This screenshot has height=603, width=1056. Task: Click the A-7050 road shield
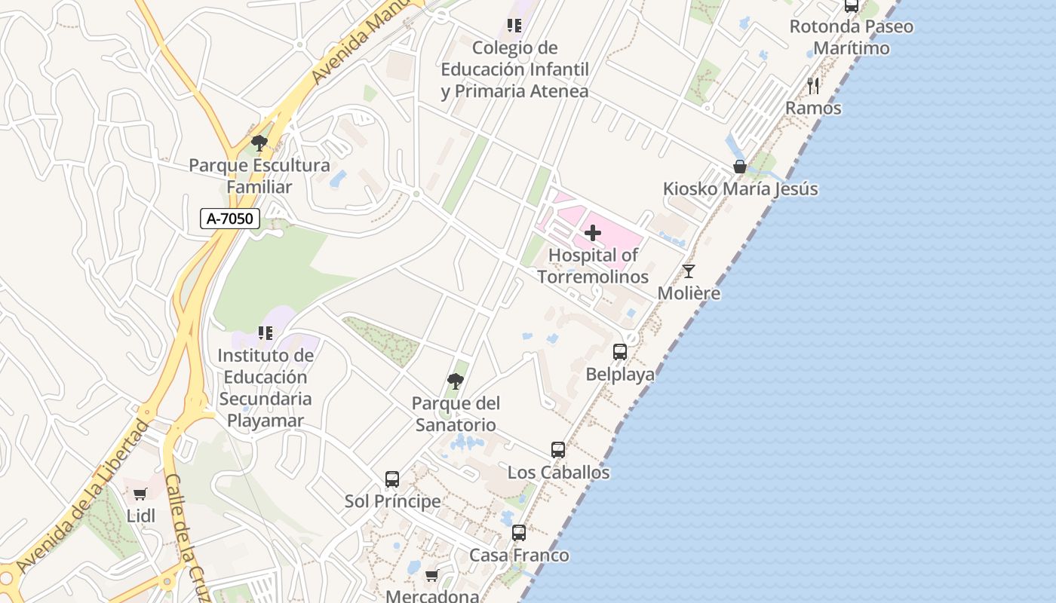[230, 219]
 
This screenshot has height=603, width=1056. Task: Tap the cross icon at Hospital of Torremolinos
[593, 233]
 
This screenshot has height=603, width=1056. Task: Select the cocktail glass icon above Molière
[688, 271]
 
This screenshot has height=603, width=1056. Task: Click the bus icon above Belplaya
[620, 351]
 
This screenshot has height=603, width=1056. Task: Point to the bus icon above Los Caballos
[558, 450]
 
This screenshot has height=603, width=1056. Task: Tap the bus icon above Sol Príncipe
[392, 479]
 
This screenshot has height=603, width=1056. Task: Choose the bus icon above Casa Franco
[519, 533]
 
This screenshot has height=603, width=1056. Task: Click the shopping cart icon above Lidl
[140, 494]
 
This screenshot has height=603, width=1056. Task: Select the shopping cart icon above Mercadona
[431, 576]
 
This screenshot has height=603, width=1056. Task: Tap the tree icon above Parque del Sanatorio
[455, 381]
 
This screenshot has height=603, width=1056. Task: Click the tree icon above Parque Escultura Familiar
[259, 142]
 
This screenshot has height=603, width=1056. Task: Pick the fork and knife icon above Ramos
[813, 85]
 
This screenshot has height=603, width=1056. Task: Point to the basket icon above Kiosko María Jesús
[740, 167]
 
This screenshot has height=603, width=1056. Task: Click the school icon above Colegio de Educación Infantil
[514, 26]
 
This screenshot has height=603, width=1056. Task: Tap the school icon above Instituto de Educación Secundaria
[266, 332]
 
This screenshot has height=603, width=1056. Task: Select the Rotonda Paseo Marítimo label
[851, 37]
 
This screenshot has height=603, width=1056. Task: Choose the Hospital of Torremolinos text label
[593, 266]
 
